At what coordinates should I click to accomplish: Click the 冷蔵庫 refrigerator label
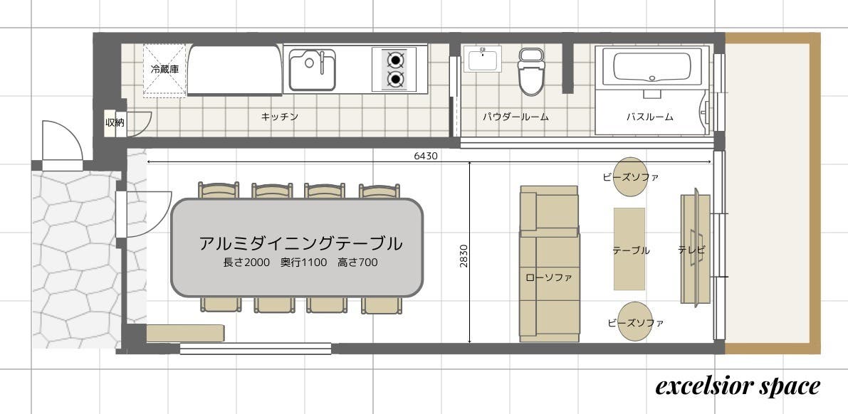pyautogui.click(x=164, y=69)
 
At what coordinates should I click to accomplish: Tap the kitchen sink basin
pyautogui.click(x=312, y=70)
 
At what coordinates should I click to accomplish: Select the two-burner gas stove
pyautogui.click(x=395, y=69)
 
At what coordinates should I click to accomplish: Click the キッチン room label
pyautogui.click(x=280, y=116)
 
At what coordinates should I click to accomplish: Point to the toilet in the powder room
pyautogui.click(x=531, y=71)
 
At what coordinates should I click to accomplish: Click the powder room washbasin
pyautogui.click(x=483, y=58)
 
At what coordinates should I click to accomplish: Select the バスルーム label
pyautogui.click(x=649, y=116)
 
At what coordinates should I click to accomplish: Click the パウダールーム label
pyautogui.click(x=515, y=116)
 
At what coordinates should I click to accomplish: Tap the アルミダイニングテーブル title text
pyautogui.click(x=300, y=243)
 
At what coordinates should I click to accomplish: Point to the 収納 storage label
pyautogui.click(x=115, y=122)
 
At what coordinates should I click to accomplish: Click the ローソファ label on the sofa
pyautogui.click(x=549, y=278)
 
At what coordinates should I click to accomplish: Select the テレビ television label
pyautogui.click(x=691, y=250)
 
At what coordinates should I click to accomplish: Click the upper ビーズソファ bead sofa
pyautogui.click(x=631, y=176)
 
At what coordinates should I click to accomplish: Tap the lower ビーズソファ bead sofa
pyautogui.click(x=635, y=322)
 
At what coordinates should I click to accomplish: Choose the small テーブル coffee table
pyautogui.click(x=629, y=249)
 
